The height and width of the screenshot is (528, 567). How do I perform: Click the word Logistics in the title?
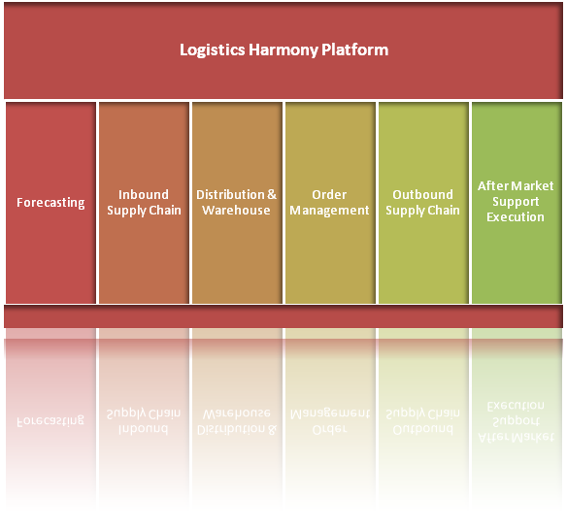pyautogui.click(x=213, y=50)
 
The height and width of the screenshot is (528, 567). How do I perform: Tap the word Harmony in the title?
pyautogui.click(x=283, y=50)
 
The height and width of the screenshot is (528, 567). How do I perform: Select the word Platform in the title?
pyautogui.click(x=354, y=49)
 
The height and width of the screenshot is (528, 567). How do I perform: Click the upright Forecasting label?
pyautogui.click(x=50, y=203)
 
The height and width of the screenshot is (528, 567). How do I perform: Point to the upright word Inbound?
pyautogui.click(x=144, y=194)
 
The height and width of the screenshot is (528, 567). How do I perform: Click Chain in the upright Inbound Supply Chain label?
pyautogui.click(x=165, y=210)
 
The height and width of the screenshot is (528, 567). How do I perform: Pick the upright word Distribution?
pyautogui.click(x=230, y=194)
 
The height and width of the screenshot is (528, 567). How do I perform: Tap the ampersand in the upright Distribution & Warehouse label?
pyautogui.click(x=272, y=194)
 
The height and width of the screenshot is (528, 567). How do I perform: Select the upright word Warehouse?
pyautogui.click(x=236, y=210)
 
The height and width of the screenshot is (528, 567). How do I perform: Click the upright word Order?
pyautogui.click(x=329, y=194)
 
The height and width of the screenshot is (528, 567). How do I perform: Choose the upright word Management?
pyautogui.click(x=329, y=211)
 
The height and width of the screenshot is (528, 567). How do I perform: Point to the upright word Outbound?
pyautogui.click(x=422, y=194)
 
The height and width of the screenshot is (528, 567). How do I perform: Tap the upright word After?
pyautogui.click(x=491, y=185)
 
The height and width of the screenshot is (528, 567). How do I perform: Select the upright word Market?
pyautogui.click(x=531, y=185)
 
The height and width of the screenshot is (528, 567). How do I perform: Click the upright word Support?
pyautogui.click(x=516, y=202)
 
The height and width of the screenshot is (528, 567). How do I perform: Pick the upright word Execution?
pyautogui.click(x=516, y=216)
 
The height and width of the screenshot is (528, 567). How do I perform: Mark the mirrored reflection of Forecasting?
pyautogui.click(x=50, y=420)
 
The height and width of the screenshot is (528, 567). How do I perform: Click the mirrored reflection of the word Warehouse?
pyautogui.click(x=236, y=413)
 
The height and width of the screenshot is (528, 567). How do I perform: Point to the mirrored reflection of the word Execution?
pyautogui.click(x=516, y=406)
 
